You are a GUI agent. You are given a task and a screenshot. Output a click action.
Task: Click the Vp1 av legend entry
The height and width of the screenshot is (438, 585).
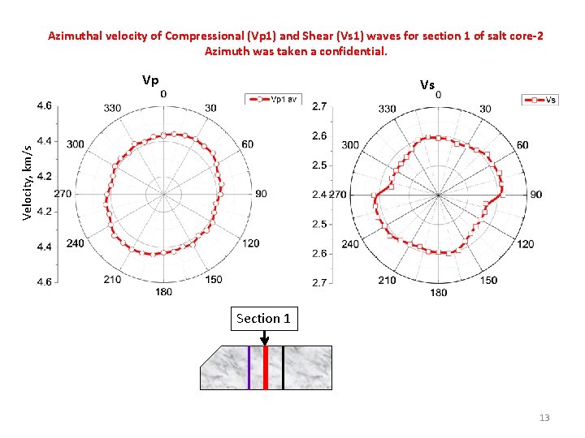(274, 99)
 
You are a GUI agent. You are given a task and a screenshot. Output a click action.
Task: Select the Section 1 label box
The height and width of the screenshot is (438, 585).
(263, 319)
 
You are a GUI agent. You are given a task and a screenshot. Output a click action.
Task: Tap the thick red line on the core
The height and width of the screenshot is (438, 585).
(266, 367)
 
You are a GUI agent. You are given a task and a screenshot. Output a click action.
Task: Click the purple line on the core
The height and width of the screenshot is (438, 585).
(249, 367)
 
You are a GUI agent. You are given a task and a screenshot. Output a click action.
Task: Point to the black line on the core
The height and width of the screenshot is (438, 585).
(283, 367)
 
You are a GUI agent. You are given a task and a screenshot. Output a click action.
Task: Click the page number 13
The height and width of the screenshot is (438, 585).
(544, 418)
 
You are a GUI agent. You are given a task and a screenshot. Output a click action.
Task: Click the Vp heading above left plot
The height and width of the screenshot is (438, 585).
(150, 80)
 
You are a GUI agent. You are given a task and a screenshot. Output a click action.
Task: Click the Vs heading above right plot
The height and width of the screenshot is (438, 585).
(427, 84)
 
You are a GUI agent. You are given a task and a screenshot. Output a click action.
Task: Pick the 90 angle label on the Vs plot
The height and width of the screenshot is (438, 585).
(536, 195)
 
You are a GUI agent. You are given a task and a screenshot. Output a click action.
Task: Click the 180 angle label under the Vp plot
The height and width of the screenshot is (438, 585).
(163, 290)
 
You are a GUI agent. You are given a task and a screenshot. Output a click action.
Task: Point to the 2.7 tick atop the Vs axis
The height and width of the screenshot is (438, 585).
(320, 106)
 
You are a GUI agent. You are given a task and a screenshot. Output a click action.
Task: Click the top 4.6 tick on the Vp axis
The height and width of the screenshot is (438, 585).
(44, 105)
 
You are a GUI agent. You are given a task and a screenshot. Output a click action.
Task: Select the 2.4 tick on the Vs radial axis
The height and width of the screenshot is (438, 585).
(318, 195)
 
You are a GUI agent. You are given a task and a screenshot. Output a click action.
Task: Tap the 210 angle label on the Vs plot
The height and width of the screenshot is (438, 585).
(387, 280)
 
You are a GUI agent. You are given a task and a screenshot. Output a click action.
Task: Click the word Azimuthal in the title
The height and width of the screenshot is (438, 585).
(75, 36)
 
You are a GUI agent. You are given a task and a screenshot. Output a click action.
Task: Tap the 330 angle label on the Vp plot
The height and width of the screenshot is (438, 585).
(112, 109)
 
